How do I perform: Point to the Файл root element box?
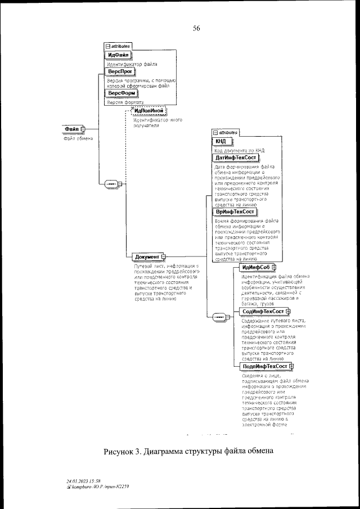(x=74, y=129)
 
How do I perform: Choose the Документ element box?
(x=148, y=257)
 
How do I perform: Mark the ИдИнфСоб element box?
(x=256, y=267)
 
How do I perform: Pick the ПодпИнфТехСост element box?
(x=264, y=366)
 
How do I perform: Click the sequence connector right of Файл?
(x=111, y=183)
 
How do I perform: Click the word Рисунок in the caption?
(x=123, y=452)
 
